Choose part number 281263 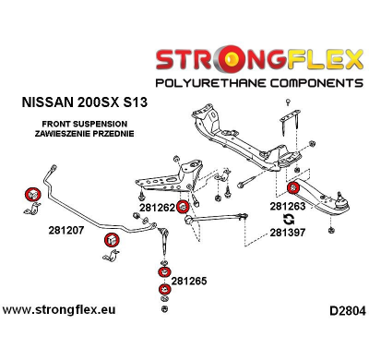click(290, 209)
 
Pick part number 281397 click(290, 234)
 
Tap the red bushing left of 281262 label click(183, 207)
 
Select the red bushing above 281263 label click(292, 191)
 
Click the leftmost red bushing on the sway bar click(31, 195)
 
